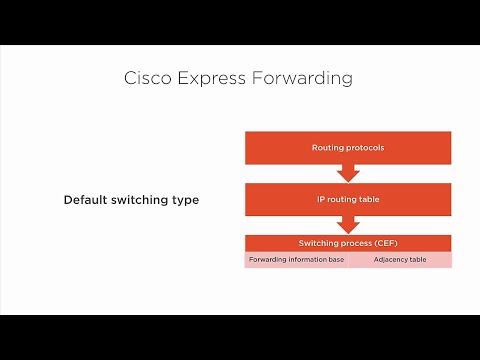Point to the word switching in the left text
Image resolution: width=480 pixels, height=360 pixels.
click(x=140, y=200)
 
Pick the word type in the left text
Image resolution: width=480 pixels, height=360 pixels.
click(x=184, y=200)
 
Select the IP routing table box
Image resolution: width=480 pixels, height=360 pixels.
click(x=348, y=200)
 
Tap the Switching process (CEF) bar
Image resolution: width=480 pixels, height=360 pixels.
click(x=348, y=243)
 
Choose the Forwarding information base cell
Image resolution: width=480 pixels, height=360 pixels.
click(x=296, y=260)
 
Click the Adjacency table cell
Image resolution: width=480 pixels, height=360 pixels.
click(x=400, y=260)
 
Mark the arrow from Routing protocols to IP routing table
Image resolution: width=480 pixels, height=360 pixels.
click(x=348, y=174)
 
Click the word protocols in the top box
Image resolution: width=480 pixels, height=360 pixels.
click(x=364, y=148)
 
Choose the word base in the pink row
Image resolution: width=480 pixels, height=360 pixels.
click(x=336, y=260)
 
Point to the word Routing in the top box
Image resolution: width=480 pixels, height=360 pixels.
click(x=327, y=148)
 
